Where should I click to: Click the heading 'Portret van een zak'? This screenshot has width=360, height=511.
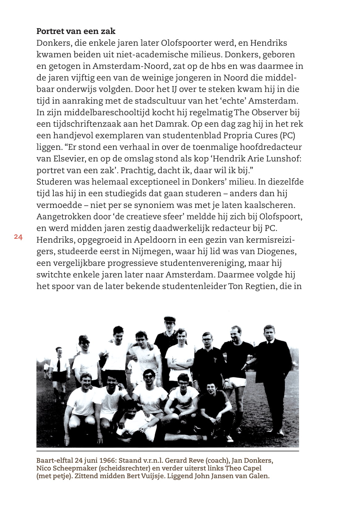pos(76,31)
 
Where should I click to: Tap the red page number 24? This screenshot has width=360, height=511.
pos(18,237)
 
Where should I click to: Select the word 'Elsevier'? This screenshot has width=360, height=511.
pos(68,159)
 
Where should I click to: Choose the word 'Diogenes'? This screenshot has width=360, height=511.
pos(277,251)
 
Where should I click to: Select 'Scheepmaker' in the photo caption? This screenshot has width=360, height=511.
pos(69,468)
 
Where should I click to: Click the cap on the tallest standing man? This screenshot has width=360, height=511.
pos(170,319)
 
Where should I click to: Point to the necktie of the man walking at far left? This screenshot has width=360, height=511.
pos(59,363)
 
